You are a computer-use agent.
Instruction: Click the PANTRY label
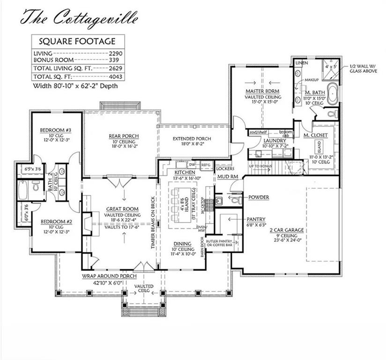pos(256,219)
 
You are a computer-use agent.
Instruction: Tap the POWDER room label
pos(259,197)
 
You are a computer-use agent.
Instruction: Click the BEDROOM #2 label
pos(52,221)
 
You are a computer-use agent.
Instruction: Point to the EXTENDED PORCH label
pos(192,139)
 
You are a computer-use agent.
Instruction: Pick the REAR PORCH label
pos(120,136)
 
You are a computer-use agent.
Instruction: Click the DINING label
pos(181,244)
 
